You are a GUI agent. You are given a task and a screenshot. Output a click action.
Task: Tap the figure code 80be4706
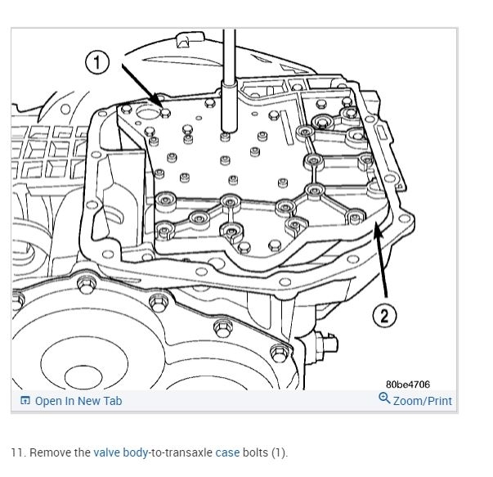tap(407, 384)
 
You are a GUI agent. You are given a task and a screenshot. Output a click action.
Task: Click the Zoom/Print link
tap(422, 401)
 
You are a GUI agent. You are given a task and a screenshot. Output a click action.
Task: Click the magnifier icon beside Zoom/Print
tap(384, 399)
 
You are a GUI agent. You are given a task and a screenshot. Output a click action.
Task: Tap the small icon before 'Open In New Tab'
tap(25, 401)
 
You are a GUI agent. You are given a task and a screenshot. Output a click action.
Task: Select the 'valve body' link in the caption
tap(119, 452)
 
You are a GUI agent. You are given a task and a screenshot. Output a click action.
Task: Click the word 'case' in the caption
tap(228, 452)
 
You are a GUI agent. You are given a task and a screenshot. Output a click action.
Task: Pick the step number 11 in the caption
tap(16, 452)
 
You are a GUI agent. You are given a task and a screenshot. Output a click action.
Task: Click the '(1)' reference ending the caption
tap(280, 452)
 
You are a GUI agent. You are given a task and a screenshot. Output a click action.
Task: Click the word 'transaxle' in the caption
tap(187, 452)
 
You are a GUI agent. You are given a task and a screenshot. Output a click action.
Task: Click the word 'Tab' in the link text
tap(112, 401)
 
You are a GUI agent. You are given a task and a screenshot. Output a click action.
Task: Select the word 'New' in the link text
tap(87, 401)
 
